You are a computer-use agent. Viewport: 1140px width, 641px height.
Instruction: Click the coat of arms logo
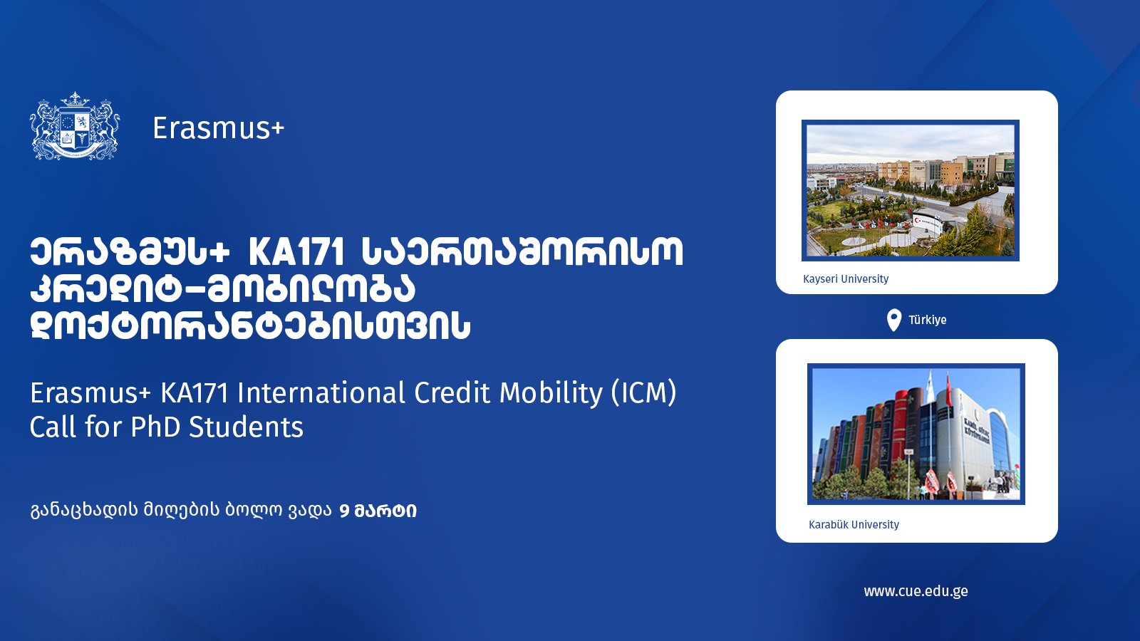click(75, 127)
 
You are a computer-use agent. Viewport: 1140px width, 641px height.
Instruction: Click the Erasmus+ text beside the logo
click(218, 127)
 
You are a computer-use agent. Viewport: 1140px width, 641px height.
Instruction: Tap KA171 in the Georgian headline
click(296, 252)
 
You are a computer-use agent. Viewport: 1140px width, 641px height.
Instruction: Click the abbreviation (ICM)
click(644, 392)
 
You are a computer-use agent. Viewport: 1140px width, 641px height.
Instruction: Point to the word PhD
click(156, 427)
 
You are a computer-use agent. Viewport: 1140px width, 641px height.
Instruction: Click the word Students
click(247, 427)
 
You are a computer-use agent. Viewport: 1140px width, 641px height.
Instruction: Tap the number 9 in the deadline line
click(344, 511)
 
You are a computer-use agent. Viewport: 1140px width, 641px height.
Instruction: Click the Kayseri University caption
click(846, 278)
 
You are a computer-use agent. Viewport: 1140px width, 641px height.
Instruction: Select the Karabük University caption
click(854, 524)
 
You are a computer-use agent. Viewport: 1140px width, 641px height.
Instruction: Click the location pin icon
click(893, 320)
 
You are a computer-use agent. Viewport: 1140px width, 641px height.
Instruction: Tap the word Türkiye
click(927, 320)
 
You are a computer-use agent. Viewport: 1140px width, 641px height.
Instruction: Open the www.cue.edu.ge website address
click(916, 591)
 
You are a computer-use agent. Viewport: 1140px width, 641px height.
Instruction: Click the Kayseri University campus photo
click(911, 191)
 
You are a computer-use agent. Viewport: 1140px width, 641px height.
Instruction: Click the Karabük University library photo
click(916, 434)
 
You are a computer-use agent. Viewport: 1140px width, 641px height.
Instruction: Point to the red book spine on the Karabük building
click(901, 432)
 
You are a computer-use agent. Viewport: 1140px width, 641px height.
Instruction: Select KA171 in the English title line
click(195, 393)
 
